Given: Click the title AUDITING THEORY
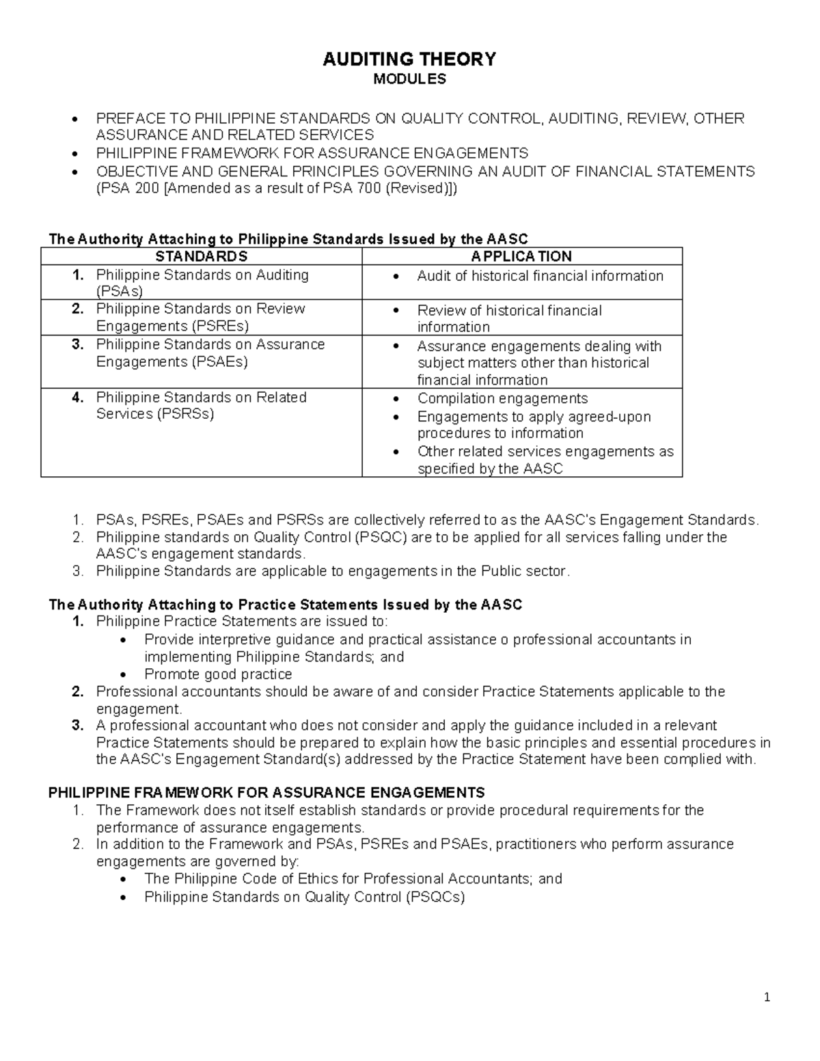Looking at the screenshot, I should (x=409, y=59).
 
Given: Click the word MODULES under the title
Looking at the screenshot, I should (x=409, y=79).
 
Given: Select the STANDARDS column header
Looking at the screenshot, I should (x=201, y=256).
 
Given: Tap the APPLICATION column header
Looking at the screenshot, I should (x=521, y=256).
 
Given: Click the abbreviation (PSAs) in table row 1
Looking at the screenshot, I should (x=120, y=292).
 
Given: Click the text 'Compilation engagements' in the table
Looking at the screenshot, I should (x=502, y=398).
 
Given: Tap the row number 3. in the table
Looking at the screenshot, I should (x=78, y=344).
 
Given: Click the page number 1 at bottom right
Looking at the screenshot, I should (x=767, y=997).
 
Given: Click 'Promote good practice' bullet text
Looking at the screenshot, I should (x=218, y=674).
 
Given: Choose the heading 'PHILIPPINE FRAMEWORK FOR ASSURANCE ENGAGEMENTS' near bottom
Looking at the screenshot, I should (x=266, y=793).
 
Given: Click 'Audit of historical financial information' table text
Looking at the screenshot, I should (x=540, y=276).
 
